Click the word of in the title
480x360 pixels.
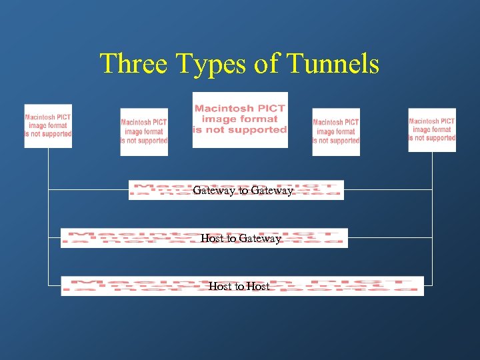[x=268, y=64]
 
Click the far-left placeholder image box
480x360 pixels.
[x=48, y=126]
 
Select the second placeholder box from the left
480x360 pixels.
[x=144, y=131]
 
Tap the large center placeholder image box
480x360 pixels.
[x=240, y=120]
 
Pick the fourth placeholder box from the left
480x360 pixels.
[x=336, y=131]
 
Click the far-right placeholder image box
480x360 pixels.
[x=432, y=129]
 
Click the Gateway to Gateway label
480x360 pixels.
[x=243, y=191]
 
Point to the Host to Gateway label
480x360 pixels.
[x=241, y=239]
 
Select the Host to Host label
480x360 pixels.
[x=239, y=287]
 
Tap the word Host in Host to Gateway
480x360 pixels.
[x=213, y=239]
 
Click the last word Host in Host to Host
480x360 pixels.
[x=258, y=287]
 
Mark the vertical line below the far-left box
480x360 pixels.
[x=49, y=213]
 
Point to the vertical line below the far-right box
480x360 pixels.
[x=432, y=213]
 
